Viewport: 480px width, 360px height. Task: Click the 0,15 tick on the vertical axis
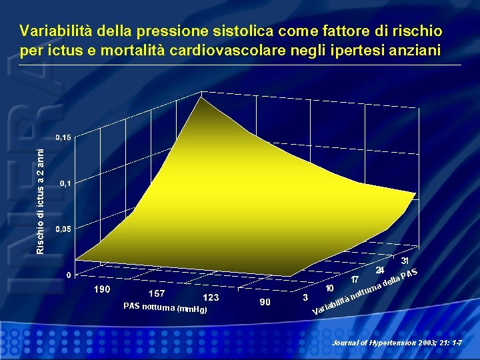coord(63,137)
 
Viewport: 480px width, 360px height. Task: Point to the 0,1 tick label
coord(64,183)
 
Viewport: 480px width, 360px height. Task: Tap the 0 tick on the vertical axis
coord(69,275)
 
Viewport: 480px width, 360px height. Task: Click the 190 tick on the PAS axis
coord(101,290)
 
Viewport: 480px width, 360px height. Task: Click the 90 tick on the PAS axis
coord(265,303)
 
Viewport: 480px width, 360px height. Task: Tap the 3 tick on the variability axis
coord(305,297)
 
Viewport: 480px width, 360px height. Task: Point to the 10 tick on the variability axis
coord(330,288)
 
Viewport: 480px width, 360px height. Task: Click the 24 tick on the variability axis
coord(380,270)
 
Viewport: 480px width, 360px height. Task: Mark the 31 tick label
coord(405,261)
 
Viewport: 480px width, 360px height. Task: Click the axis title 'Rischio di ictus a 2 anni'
coord(41,200)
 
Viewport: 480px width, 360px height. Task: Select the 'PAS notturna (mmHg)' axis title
coord(165,308)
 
